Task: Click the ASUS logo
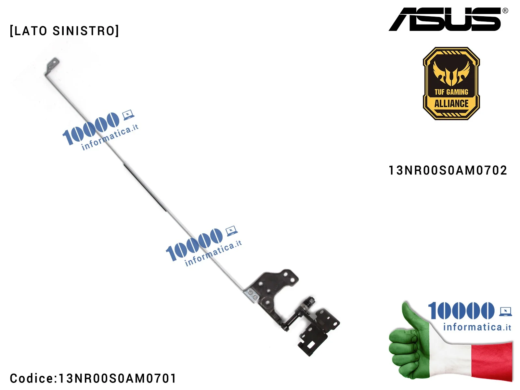(x=445, y=19)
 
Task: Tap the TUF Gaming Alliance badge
(x=451, y=84)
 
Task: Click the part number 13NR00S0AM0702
(x=448, y=170)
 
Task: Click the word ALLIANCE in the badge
(x=451, y=104)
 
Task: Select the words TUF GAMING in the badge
(x=451, y=92)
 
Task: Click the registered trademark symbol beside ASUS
(x=505, y=11)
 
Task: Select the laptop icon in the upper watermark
(x=128, y=115)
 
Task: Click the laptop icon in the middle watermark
(x=231, y=231)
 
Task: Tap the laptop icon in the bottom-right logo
(x=505, y=311)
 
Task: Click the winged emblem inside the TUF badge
(x=451, y=73)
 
